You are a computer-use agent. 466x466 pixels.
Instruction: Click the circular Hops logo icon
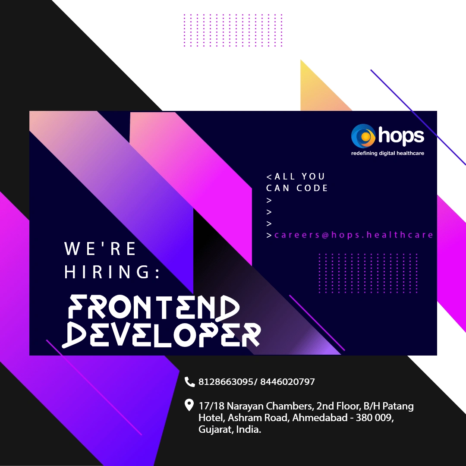[x=363, y=136]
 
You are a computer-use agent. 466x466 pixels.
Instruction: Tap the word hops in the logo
[x=401, y=136]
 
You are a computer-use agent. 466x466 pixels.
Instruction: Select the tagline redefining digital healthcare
[x=387, y=153]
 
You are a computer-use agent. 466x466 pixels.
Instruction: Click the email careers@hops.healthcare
[x=353, y=235]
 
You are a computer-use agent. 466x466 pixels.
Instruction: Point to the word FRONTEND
[x=154, y=308]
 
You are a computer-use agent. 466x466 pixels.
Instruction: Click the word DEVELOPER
[x=161, y=335]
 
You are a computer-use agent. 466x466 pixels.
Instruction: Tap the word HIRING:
[x=112, y=271]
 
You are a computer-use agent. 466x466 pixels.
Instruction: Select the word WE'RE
[x=100, y=249]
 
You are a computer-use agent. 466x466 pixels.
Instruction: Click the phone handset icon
[x=189, y=381]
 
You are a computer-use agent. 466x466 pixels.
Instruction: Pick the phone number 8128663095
[x=226, y=381]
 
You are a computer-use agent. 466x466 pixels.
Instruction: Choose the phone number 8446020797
[x=287, y=381]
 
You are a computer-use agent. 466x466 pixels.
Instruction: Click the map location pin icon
[x=189, y=405]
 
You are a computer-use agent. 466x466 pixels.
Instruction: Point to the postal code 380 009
[x=374, y=418]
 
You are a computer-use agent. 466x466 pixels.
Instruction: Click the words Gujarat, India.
[x=230, y=429]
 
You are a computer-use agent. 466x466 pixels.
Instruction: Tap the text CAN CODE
[x=297, y=188]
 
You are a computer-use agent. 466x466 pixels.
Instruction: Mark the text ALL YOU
[x=299, y=176]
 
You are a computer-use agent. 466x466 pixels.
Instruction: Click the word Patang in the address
[x=398, y=406]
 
